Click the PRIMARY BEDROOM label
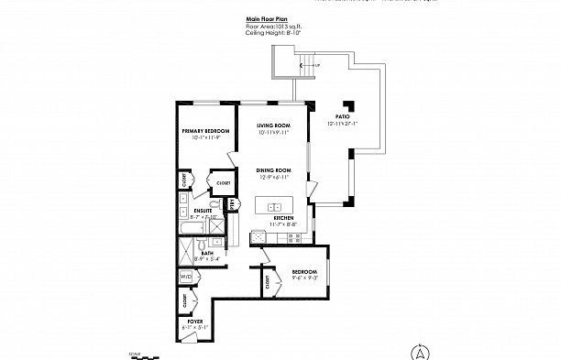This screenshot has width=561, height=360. [x=204, y=131]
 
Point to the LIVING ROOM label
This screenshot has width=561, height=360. [x=273, y=125]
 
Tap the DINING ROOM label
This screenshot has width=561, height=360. [x=273, y=169]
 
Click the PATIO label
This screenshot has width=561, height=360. [x=343, y=117]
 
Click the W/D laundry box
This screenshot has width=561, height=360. [x=186, y=275]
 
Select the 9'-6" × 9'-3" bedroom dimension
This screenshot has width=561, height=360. [x=305, y=278]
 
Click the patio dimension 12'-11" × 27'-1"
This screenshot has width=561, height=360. [x=343, y=124]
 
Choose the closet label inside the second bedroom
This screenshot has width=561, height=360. [x=267, y=284]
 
